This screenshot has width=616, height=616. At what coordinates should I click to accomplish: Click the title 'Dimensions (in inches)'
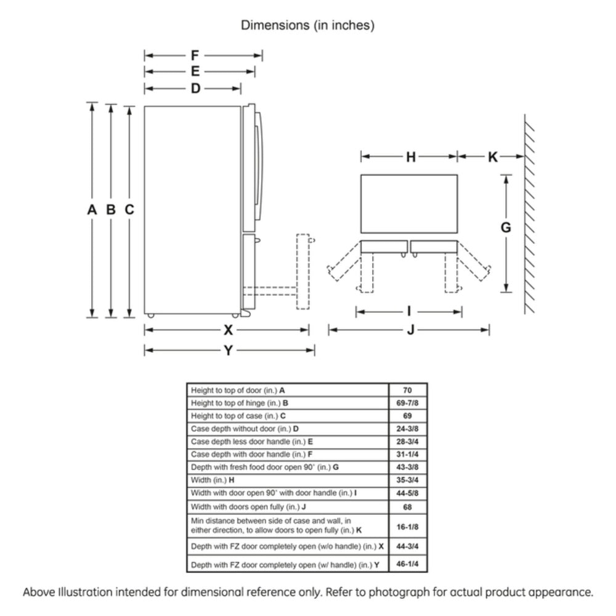pos(307,25)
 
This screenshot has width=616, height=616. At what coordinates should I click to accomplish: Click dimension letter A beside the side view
pos(92,209)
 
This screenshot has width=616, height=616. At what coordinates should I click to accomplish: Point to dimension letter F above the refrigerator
pos(195,55)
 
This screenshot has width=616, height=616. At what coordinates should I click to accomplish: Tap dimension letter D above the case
pos(195,89)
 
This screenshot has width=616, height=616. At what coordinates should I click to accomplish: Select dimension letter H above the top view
pos(411,157)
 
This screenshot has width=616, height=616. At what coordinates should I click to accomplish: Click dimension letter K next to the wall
pos(492,157)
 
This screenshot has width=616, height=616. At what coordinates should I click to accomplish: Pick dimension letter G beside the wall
pos(505,227)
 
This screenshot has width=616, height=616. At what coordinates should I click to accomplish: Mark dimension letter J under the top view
pos(410,331)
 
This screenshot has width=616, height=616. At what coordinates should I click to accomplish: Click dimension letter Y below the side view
pos(228,351)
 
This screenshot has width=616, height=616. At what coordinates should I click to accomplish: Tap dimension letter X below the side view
pos(228,330)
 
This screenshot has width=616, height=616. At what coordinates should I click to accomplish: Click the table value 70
pos(407,390)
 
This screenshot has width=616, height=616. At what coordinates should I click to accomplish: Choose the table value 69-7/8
pos(407,403)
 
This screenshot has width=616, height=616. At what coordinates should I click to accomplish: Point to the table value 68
pos(407,507)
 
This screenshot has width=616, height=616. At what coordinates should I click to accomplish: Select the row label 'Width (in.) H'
pos(213,480)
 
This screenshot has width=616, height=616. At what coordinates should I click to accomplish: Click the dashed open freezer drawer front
pos(302,272)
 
